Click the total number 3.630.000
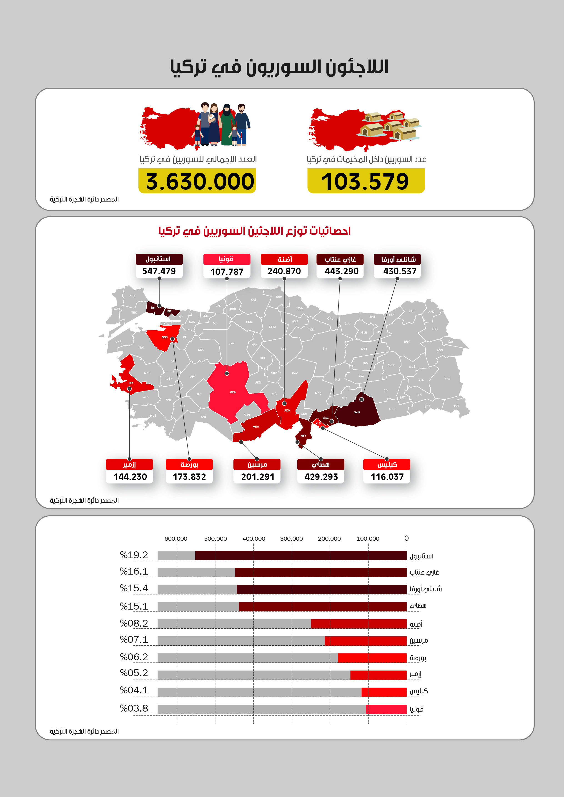199,182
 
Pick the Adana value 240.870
284,271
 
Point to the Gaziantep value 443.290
341,271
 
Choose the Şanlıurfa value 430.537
399,271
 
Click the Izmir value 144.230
130,477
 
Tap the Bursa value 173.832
189,477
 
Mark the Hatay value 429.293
321,477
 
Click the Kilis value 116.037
387,477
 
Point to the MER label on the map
256,427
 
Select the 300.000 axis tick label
291,539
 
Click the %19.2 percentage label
134,555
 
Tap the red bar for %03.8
386,709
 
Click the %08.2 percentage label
134,623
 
